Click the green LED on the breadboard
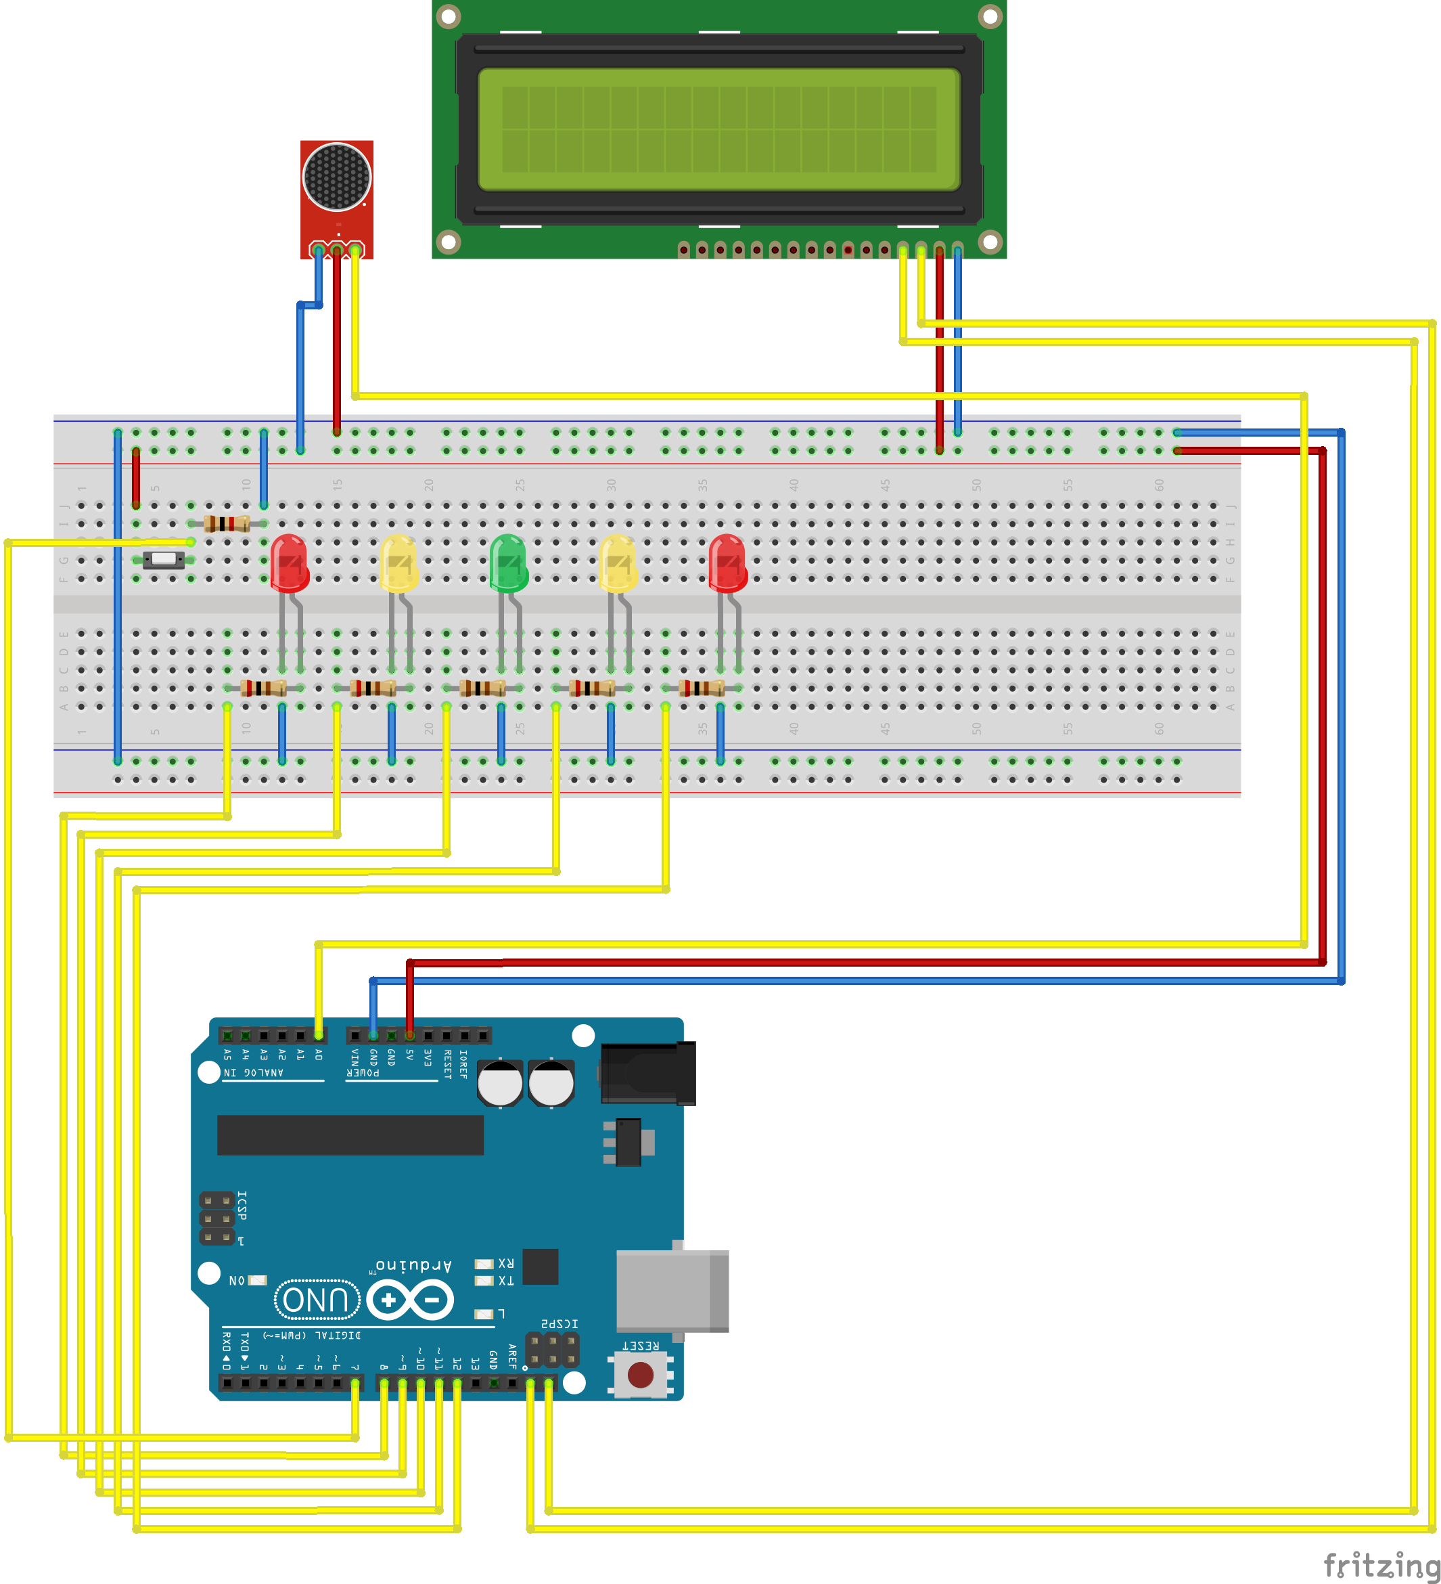[x=508, y=563]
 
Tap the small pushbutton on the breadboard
[x=163, y=559]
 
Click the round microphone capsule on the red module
[x=336, y=176]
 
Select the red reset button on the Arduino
[x=641, y=1374]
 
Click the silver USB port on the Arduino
[x=671, y=1291]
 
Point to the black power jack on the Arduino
[x=649, y=1072]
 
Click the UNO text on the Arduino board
[x=317, y=1300]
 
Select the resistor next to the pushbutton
[x=227, y=523]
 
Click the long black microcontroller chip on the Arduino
[x=350, y=1135]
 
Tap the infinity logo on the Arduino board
[x=410, y=1300]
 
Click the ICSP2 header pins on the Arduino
[x=552, y=1350]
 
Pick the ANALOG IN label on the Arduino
[x=253, y=1072]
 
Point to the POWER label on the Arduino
[x=363, y=1072]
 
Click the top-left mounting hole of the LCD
[x=448, y=16]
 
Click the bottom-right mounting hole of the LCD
[x=990, y=242]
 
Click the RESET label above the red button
[x=640, y=1346]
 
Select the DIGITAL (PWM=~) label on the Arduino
[x=312, y=1335]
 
